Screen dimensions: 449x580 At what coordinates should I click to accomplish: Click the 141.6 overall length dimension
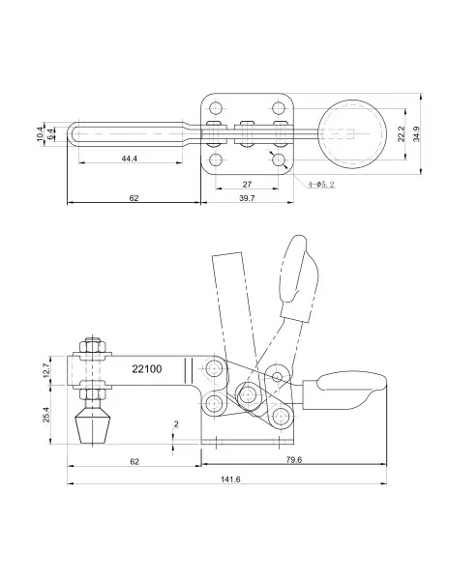(x=230, y=479)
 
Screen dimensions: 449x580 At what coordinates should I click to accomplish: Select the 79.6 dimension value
(x=294, y=460)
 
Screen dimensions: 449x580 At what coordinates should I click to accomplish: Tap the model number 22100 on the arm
(x=147, y=369)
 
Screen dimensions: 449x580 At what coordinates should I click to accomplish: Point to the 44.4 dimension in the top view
(x=130, y=159)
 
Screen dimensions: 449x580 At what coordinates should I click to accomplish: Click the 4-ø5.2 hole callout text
(x=321, y=184)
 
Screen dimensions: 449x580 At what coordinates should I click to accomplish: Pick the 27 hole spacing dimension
(x=247, y=184)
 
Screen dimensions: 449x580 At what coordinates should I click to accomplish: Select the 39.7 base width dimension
(x=247, y=198)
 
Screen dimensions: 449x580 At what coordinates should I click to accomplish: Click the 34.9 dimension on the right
(x=417, y=133)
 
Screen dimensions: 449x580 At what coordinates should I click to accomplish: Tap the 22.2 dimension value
(x=401, y=134)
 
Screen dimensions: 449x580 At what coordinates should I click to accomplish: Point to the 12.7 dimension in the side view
(x=45, y=370)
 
